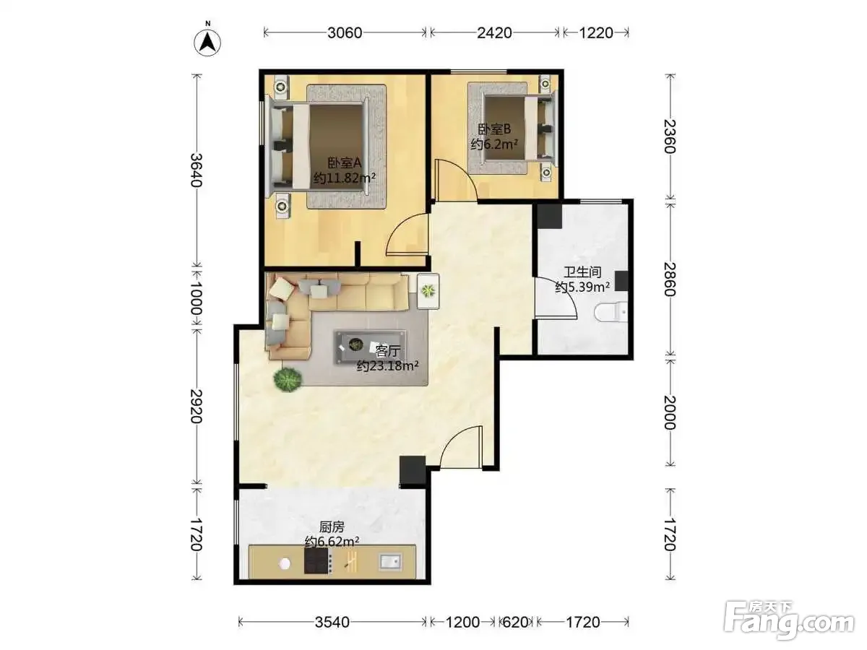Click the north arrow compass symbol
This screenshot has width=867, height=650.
(207, 42)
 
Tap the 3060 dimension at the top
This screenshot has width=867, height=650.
(345, 32)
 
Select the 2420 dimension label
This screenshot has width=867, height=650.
(494, 32)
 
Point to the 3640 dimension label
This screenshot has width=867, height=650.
(197, 170)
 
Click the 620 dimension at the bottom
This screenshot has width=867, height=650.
(514, 623)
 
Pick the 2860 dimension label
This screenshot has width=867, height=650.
(670, 279)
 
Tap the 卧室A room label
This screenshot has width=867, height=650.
(345, 162)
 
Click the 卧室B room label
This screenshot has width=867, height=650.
(494, 129)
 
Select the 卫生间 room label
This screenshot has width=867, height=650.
(582, 272)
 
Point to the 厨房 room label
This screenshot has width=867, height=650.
(332, 527)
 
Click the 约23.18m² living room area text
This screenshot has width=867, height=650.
(387, 366)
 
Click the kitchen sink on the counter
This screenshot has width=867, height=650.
(390, 561)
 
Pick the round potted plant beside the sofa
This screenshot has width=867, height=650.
(288, 379)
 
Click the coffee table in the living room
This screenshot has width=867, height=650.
(371, 347)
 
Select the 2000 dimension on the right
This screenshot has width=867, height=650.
(670, 412)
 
